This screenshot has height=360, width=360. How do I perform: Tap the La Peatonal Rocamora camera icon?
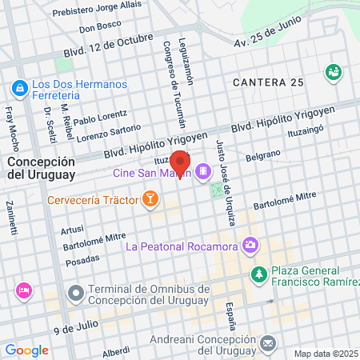[251, 244]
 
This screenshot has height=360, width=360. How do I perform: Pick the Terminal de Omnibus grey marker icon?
[76, 294]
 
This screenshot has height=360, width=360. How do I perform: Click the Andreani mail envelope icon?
[268, 343]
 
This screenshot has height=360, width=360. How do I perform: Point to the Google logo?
[26, 350]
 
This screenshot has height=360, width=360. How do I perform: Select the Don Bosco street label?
[100, 24]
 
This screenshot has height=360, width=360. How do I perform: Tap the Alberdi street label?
[116, 351]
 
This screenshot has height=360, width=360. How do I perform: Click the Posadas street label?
[82, 259]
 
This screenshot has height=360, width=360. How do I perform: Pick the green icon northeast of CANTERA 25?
[333, 72]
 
